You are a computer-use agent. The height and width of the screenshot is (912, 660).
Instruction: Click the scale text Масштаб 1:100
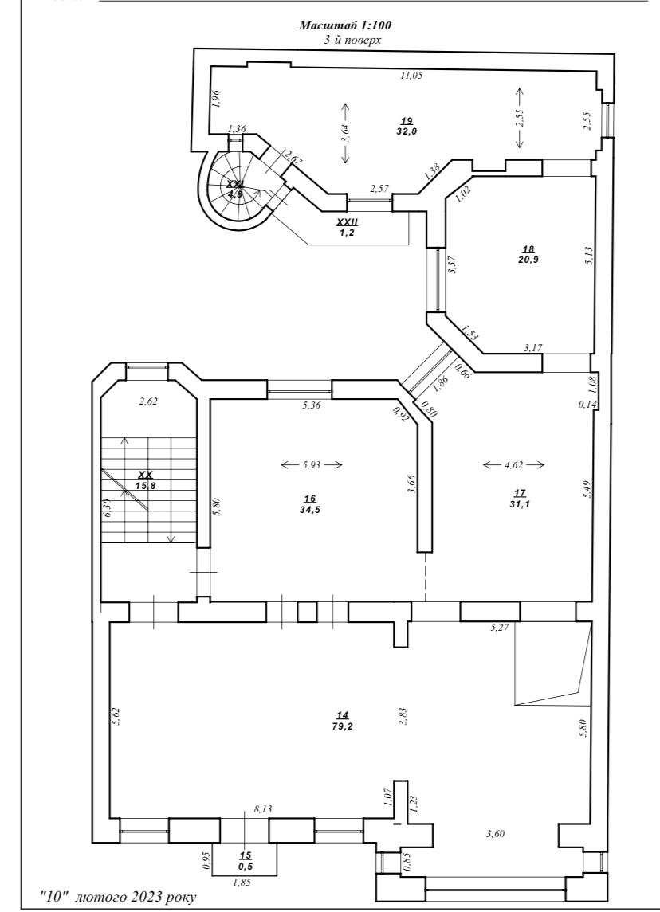point(345,25)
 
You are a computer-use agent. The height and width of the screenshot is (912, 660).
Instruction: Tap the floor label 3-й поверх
point(352,40)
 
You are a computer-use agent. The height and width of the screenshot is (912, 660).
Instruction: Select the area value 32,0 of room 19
point(407,131)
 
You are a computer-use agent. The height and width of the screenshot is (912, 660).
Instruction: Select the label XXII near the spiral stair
point(348,222)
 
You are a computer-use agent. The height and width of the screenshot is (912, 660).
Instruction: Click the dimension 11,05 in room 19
point(411,75)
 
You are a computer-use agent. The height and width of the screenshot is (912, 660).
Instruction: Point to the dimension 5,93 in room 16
point(312,464)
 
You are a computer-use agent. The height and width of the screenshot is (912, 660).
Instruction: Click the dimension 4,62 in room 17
point(514,464)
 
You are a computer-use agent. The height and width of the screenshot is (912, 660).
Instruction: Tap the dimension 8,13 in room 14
point(262,808)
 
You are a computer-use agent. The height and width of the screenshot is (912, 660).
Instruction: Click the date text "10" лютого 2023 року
point(118,897)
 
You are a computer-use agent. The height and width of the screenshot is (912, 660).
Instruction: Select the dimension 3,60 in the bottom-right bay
point(495,833)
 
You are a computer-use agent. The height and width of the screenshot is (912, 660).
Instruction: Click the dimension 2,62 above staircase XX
point(148,401)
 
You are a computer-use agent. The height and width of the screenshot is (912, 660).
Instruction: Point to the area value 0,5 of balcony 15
point(245,866)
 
